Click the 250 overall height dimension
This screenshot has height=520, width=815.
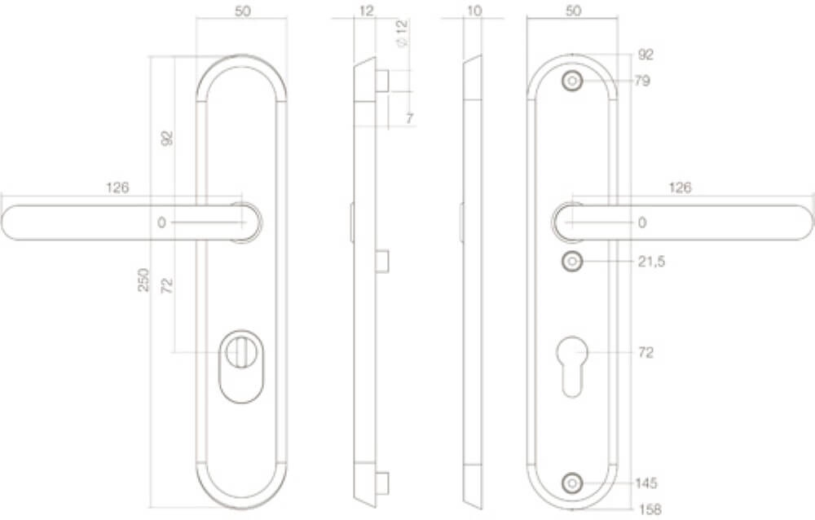click(x=143, y=280)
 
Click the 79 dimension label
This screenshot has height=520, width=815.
click(x=642, y=81)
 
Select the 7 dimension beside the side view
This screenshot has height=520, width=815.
click(x=410, y=119)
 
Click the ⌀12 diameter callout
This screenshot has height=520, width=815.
click(x=400, y=33)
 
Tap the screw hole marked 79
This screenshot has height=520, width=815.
click(x=572, y=81)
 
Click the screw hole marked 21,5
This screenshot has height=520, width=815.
click(x=572, y=262)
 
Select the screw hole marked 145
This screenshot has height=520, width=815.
click(x=572, y=483)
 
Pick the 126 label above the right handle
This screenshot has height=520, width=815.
click(x=680, y=187)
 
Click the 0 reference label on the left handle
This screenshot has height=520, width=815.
click(x=161, y=223)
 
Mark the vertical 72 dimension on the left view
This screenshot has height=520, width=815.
click(x=166, y=286)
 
